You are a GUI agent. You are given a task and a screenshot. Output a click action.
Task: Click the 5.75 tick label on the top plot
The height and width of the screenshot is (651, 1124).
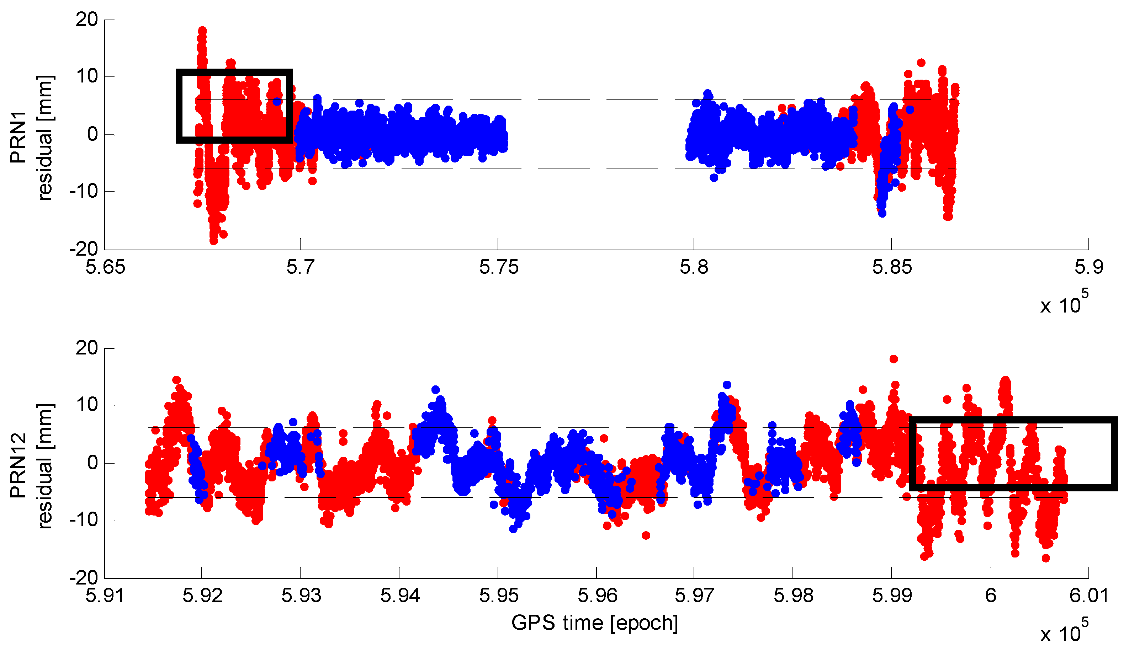499,267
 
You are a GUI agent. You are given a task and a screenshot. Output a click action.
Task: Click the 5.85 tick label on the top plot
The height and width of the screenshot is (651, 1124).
892,267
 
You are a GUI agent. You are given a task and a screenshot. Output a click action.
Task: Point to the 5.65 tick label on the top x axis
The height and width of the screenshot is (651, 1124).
105,267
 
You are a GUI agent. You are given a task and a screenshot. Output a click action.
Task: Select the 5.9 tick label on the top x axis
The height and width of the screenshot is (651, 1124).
1088,267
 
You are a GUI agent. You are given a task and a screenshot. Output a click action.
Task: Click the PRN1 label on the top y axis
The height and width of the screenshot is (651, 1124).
19,137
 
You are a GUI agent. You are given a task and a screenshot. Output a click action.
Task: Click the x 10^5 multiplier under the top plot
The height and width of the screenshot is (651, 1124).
1064,303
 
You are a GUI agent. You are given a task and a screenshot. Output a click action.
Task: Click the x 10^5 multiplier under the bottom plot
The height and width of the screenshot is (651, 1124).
1064,632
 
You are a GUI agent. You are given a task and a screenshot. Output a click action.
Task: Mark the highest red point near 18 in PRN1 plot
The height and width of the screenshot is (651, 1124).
202,30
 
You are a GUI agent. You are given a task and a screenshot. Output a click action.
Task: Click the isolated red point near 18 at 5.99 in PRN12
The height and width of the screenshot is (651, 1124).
894,359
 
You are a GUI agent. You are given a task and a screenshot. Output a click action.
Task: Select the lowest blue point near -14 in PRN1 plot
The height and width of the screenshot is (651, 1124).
882,214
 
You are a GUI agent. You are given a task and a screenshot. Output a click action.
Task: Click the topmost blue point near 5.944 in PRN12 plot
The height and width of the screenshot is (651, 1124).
436,390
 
